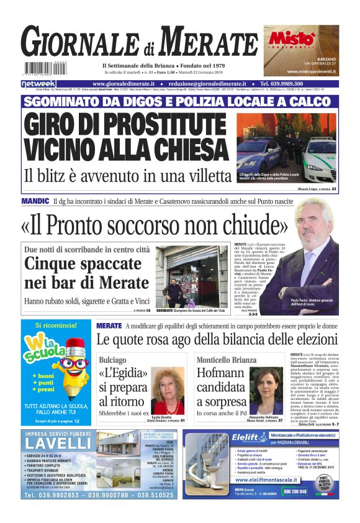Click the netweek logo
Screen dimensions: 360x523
[x=38, y=83]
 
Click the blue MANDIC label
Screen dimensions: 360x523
[x=35, y=201]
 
